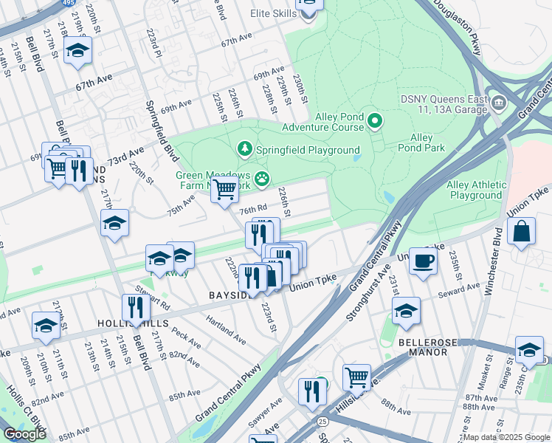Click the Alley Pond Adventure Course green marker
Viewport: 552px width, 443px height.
pyautogui.click(x=375, y=120)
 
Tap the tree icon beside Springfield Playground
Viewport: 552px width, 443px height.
pyautogui.click(x=245, y=150)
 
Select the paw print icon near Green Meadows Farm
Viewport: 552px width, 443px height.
pyautogui.click(x=261, y=178)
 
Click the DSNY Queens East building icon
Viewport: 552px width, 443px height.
pyautogui.click(x=500, y=100)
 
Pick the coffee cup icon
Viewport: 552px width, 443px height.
pyautogui.click(x=423, y=261)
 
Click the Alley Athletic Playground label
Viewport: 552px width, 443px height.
pyautogui.click(x=477, y=190)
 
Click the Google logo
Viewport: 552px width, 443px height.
pyautogui.click(x=25, y=434)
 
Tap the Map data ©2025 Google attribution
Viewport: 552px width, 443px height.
pyautogui.click(x=506, y=437)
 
